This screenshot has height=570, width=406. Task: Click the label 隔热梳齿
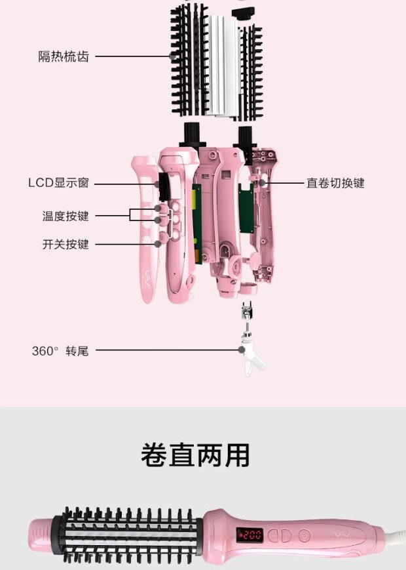pyautogui.click(x=64, y=56)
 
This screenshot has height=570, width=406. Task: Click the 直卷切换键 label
pyautogui.click(x=335, y=183)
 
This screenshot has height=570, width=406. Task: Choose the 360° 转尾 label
pyautogui.click(x=60, y=351)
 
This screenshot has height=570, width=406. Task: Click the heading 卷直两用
pyautogui.click(x=195, y=455)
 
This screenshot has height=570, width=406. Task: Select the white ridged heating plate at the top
pyautogui.click(x=219, y=66)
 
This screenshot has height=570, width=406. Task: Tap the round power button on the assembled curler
pyautogui.click(x=304, y=535)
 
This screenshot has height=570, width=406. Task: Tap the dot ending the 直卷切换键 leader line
pyautogui.click(x=263, y=183)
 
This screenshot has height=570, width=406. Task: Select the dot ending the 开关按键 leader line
pyautogui.click(x=158, y=245)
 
